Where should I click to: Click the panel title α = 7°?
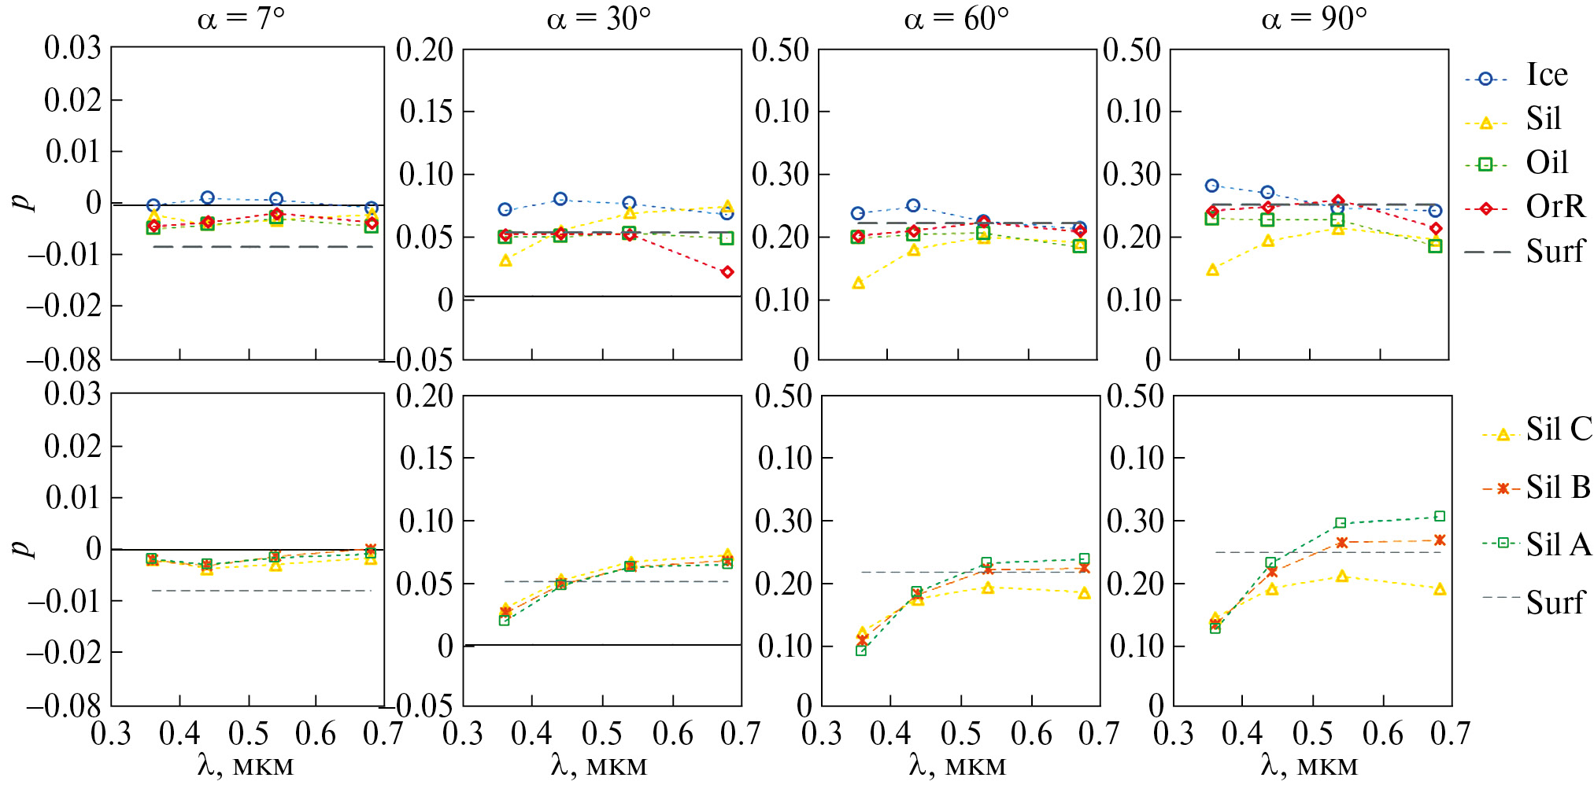pyautogui.click(x=241, y=18)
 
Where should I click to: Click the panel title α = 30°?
pyautogui.click(x=598, y=18)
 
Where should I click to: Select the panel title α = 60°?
pyautogui.click(x=956, y=18)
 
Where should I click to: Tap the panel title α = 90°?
pyautogui.click(x=1313, y=18)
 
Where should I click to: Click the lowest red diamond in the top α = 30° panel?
pyautogui.click(x=727, y=272)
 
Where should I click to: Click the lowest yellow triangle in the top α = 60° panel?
pyautogui.click(x=858, y=283)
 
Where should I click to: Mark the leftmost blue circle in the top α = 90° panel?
pyautogui.click(x=1212, y=186)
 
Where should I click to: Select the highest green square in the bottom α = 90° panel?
pyautogui.click(x=1439, y=517)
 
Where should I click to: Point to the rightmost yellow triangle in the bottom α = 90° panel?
pyautogui.click(x=1439, y=589)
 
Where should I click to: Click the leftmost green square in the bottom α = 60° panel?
pyautogui.click(x=861, y=650)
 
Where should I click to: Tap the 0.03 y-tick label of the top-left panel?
pyautogui.click(x=72, y=49)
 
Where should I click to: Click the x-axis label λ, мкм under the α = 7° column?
pyautogui.click(x=245, y=765)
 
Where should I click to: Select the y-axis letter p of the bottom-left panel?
pyautogui.click(x=26, y=548)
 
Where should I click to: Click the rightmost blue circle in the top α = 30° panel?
pyautogui.click(x=727, y=213)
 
